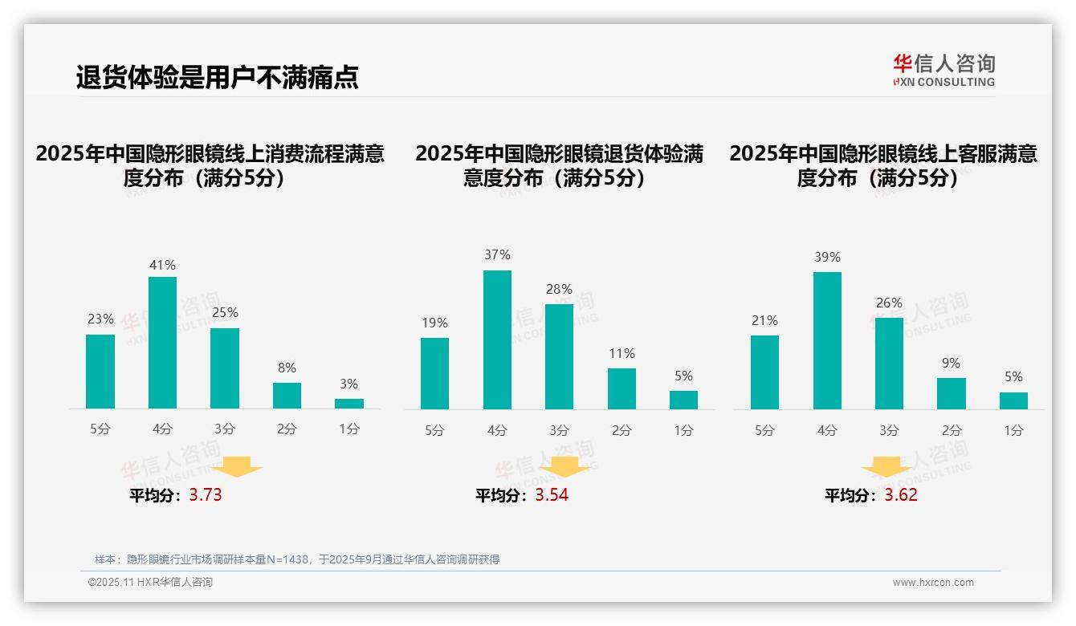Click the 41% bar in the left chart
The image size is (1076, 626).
point(162,343)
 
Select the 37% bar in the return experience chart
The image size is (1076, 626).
point(497,339)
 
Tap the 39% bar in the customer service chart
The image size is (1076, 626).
point(827,340)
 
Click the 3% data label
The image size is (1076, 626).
point(348,384)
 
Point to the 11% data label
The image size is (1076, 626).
point(622,353)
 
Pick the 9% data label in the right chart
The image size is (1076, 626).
point(951,363)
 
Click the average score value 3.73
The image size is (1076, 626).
point(206,494)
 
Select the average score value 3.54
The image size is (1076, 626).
point(552,494)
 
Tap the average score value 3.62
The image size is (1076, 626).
point(901,494)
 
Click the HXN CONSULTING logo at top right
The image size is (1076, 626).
point(944,70)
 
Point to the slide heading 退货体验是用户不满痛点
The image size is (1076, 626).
point(217,77)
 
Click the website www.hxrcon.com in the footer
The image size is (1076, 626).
point(933,583)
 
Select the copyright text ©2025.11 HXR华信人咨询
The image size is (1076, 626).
point(150,583)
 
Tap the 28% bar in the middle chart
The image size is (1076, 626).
point(559,356)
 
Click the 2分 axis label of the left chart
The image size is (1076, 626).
point(287,429)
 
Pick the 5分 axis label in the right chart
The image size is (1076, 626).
point(764,430)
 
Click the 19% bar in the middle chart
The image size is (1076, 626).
point(434,373)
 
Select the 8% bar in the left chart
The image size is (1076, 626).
point(287,396)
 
